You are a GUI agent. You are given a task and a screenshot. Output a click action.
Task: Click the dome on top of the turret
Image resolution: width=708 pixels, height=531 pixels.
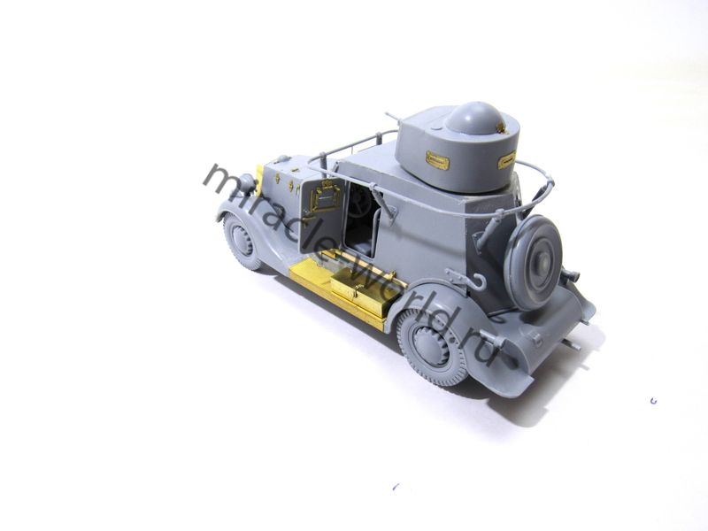473,119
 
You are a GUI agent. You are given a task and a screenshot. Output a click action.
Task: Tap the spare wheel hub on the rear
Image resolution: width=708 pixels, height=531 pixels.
543,260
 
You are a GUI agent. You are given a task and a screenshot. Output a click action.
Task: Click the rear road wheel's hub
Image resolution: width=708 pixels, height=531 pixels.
430,346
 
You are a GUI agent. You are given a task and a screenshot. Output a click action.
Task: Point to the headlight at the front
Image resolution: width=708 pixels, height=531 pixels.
246,182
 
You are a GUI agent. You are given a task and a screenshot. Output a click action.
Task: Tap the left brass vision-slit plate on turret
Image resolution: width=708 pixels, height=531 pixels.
436,159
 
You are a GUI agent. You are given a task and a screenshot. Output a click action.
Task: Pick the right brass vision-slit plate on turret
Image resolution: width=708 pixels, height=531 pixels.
506,161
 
